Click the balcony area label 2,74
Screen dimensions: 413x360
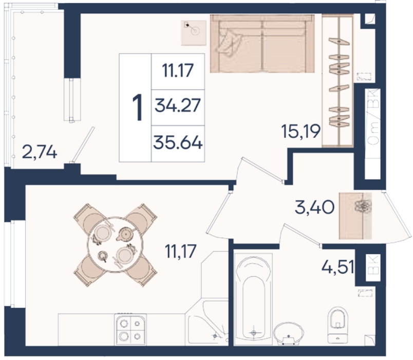pyautogui.click(x=40, y=152)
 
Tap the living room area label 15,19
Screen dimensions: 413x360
pyautogui.click(x=301, y=131)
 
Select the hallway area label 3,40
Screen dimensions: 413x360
pyautogui.click(x=314, y=207)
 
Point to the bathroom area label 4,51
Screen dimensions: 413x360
pyautogui.click(x=338, y=266)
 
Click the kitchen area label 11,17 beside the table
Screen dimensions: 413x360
pyautogui.click(x=181, y=251)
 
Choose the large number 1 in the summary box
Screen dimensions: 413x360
pyautogui.click(x=137, y=107)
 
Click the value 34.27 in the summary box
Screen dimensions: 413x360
pyautogui.click(x=178, y=105)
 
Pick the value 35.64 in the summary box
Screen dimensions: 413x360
pyautogui.click(x=178, y=142)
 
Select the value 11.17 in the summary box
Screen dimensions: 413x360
pyautogui.click(x=178, y=70)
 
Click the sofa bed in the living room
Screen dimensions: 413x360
pyautogui.click(x=262, y=44)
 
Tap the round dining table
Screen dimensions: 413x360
pyautogui.click(x=116, y=244)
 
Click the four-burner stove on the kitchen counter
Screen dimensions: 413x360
pyautogui.click(x=130, y=330)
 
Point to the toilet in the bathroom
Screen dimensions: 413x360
pyautogui.click(x=337, y=325)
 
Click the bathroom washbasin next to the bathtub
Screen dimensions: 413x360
pyautogui.click(x=289, y=334)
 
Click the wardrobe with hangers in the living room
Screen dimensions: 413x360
pyautogui.click(x=337, y=81)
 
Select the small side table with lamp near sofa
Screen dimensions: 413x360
pyautogui.click(x=194, y=33)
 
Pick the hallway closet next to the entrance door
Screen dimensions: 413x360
pyautogui.click(x=355, y=216)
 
